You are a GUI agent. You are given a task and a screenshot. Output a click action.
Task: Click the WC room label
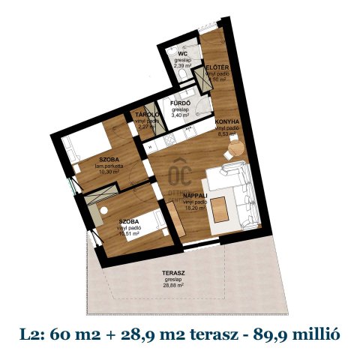click(183, 55)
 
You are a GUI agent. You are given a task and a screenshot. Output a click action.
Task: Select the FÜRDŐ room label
click(181, 103)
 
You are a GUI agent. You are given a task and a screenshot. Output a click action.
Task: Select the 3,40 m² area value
click(181, 116)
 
